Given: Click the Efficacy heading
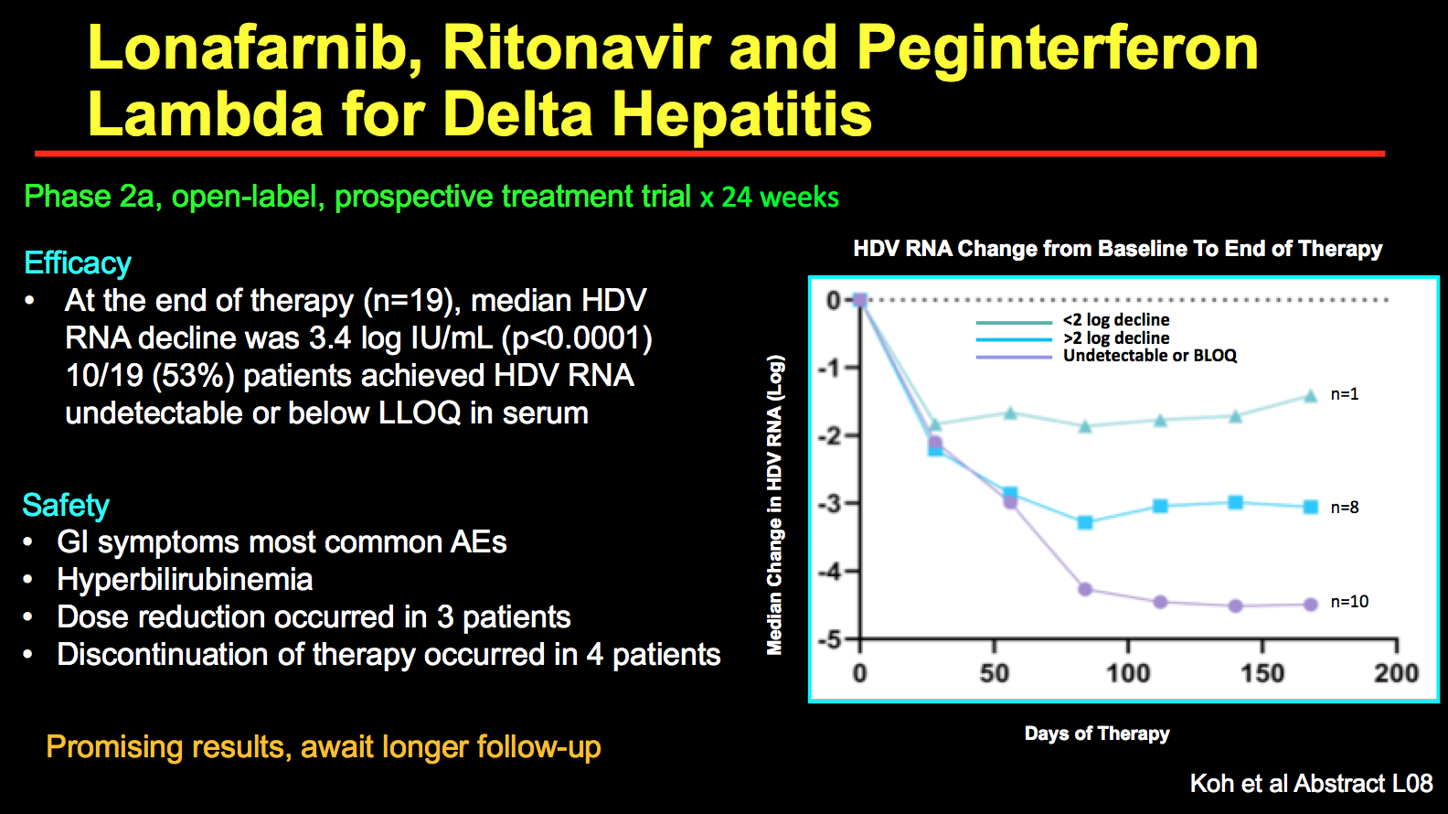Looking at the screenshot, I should tap(78, 263).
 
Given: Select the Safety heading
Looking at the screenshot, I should tap(66, 505).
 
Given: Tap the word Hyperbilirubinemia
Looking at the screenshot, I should tap(185, 580).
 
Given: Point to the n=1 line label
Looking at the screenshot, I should tap(1344, 394).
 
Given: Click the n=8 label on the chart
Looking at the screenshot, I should tap(1344, 508).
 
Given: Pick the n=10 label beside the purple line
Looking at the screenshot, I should tap(1349, 602).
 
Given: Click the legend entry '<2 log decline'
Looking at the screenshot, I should tap(1115, 320).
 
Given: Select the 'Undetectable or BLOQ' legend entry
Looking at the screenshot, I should tap(1149, 356).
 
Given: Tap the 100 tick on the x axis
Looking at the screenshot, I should tap(1128, 673).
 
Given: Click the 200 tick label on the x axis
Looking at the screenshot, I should tap(1396, 673).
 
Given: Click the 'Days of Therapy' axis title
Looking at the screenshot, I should tap(1097, 734).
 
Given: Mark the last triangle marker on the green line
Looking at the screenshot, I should tap(1311, 396).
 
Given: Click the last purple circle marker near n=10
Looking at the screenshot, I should tap(1311, 605).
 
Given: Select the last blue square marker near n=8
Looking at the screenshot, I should tap(1311, 507).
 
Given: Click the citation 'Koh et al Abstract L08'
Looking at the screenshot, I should tap(1311, 784).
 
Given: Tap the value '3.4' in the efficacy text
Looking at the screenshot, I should tap(330, 338).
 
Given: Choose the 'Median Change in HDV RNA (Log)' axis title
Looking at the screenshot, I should tap(775, 505).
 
